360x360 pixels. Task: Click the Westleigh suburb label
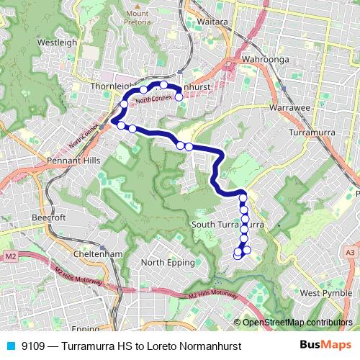57,42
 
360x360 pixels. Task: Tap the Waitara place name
212,22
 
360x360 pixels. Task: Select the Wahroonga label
265,59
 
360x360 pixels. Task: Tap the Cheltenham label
99,254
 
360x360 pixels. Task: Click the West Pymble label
325,293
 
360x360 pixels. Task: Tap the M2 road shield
11,256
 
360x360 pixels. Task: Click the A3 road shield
350,253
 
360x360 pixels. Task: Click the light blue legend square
9,345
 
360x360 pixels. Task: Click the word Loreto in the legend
166,346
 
